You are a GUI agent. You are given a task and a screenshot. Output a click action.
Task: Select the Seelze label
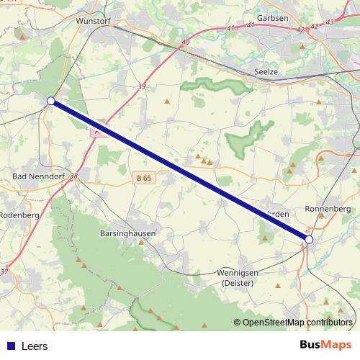point(266,72)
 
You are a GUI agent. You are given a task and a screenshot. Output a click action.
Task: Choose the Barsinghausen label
point(127,234)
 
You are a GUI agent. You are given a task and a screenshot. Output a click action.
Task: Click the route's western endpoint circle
point(51,101)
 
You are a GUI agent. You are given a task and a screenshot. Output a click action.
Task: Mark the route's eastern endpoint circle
point(309,239)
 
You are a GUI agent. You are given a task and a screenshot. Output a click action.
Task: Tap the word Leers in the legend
point(35,346)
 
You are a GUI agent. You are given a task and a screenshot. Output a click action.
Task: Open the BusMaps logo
point(327,345)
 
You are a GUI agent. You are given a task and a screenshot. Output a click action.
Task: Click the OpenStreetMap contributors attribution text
point(297,322)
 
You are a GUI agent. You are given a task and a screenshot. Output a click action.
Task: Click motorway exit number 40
point(185,42)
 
